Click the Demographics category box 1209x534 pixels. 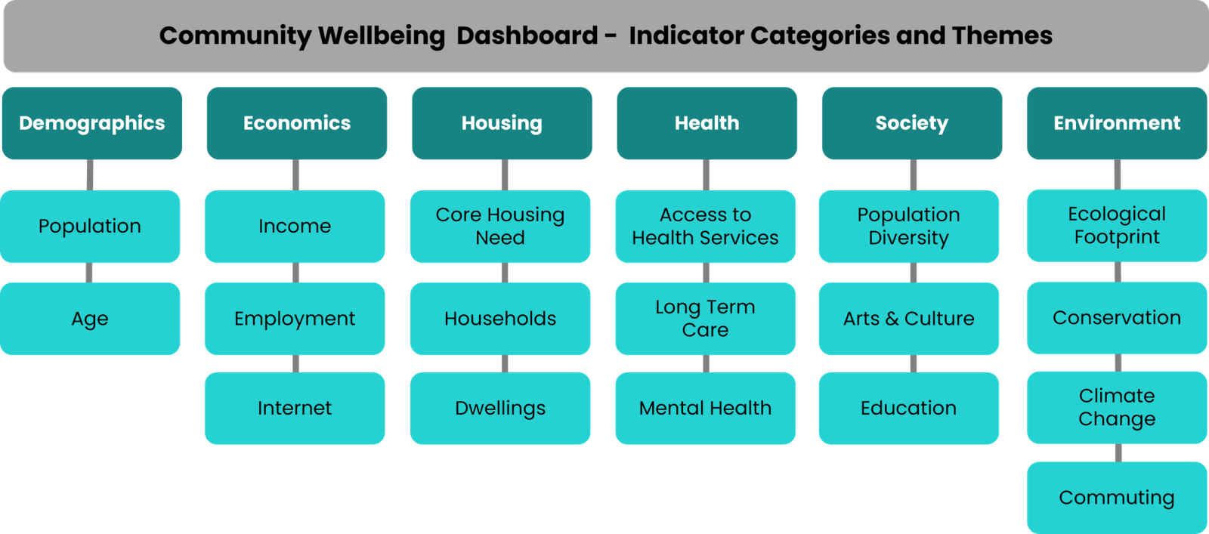click(91, 123)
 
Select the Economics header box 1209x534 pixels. click(296, 123)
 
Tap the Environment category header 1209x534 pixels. click(1116, 123)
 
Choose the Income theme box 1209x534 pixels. click(295, 226)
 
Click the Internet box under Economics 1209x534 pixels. click(295, 408)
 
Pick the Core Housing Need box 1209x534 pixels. click(500, 226)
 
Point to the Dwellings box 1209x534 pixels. click(500, 408)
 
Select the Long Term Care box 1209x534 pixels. click(705, 318)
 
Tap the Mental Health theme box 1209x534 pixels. click(705, 408)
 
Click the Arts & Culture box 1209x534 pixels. click(908, 318)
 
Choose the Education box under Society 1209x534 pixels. click(908, 408)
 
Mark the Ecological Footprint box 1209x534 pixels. click(1116, 225)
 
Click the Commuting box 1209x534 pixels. click(1116, 498)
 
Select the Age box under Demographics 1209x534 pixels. click(90, 318)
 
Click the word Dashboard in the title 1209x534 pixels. click(527, 35)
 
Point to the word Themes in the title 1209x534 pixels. click(1002, 35)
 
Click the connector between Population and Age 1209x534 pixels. click(89, 273)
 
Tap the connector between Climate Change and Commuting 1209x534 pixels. click(1118, 452)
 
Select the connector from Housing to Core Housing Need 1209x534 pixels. click(505, 174)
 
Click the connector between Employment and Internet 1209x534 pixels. click(295, 363)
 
